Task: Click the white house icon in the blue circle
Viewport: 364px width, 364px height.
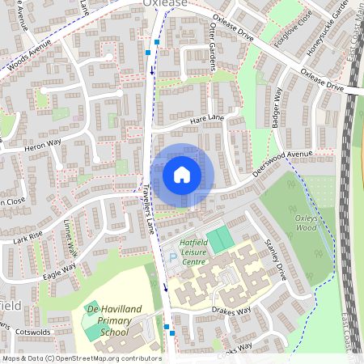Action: tap(182, 175)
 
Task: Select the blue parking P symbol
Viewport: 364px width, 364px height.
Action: tap(171, 259)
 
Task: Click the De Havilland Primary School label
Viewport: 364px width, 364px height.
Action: tap(112, 320)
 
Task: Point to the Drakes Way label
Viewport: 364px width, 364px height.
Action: tap(233, 310)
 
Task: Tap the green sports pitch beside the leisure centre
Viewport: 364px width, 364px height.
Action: tap(218, 239)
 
